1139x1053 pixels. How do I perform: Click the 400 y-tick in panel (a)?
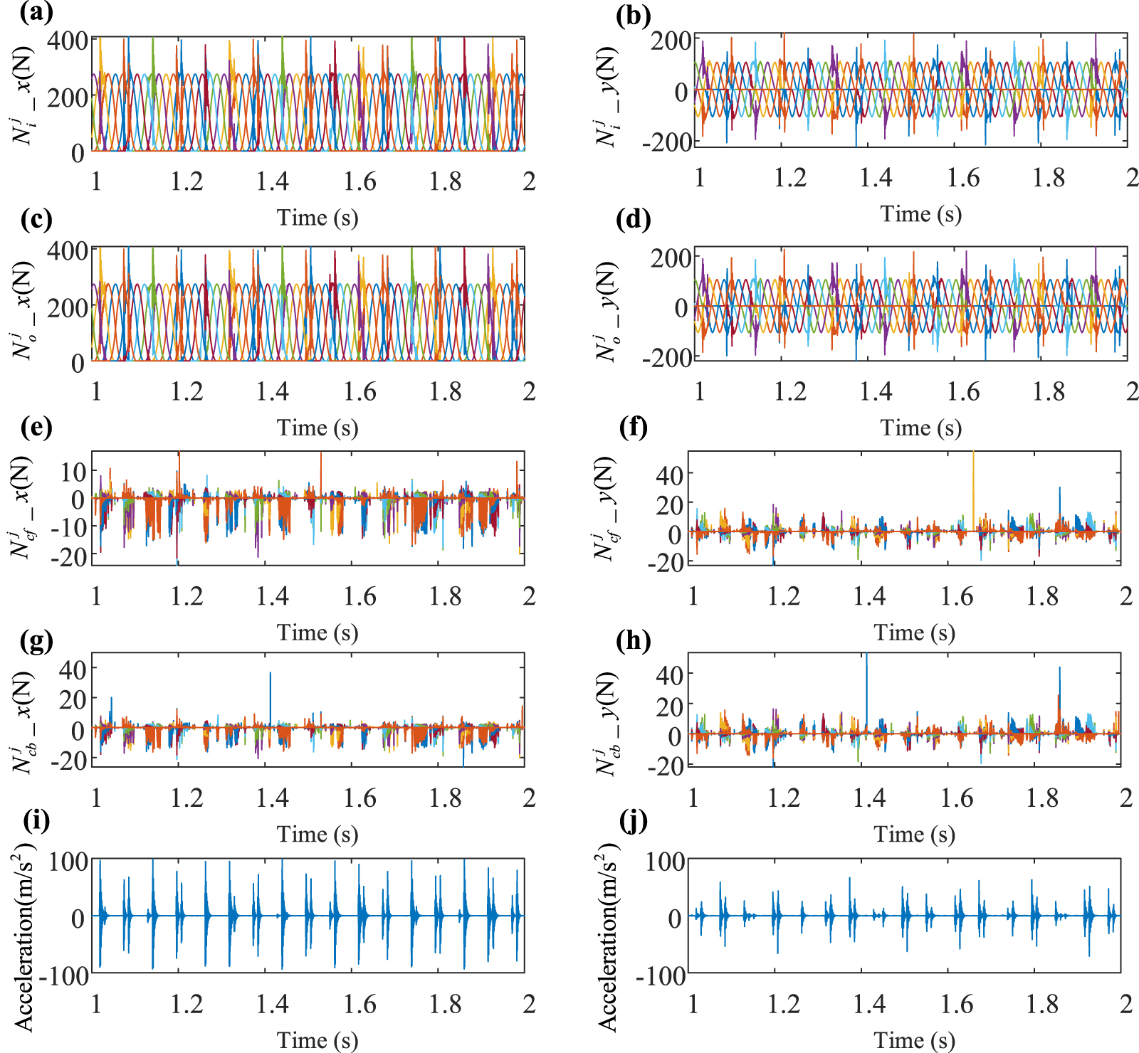click(68, 41)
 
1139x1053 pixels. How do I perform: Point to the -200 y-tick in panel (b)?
click(667, 142)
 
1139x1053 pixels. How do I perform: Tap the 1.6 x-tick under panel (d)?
click(962, 392)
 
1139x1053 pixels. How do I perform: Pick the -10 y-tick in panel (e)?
click(68, 527)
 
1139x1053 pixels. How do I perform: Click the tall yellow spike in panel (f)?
click(973, 484)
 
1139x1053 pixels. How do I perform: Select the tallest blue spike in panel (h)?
click(866, 683)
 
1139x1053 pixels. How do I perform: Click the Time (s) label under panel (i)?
click(317, 1040)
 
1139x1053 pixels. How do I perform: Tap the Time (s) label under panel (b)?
click(920, 214)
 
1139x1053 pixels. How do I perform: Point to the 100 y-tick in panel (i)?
click(68, 862)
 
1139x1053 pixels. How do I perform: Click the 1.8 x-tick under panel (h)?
click(1042, 798)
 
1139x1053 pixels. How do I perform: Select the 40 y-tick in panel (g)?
click(73, 669)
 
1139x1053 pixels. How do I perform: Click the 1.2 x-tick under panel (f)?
click(783, 596)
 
